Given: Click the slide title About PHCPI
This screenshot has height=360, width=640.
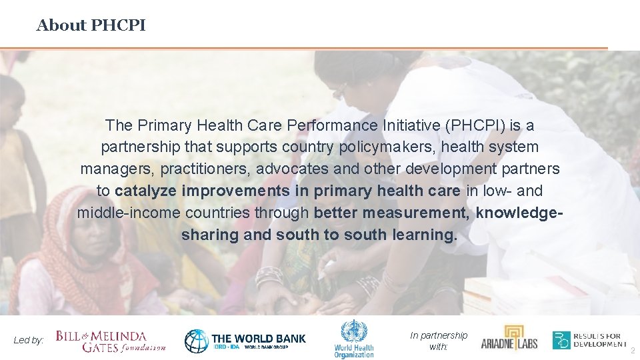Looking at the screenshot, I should coord(91,25).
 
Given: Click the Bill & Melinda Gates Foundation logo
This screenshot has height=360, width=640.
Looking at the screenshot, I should coord(111,341).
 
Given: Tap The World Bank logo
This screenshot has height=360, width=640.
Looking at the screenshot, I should coord(245,341).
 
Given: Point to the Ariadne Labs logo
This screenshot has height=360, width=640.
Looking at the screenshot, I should coord(509,339).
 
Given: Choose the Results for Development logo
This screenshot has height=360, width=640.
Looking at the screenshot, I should coord(589,340).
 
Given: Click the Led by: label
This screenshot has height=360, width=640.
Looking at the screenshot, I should coord(29,340).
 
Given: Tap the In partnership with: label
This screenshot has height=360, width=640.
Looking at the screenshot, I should coord(438,341).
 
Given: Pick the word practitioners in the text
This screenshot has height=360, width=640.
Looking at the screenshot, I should coord(205,168).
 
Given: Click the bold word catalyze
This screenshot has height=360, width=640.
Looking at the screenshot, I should coord(145,191).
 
